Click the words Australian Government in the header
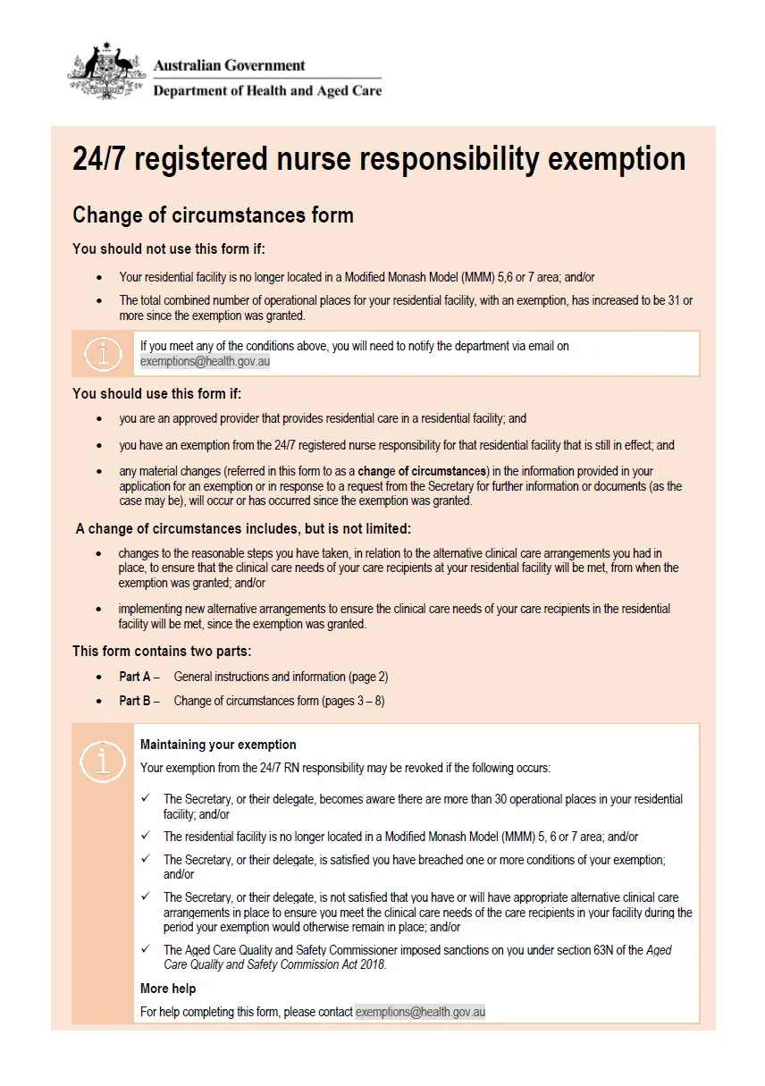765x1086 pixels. coord(229,65)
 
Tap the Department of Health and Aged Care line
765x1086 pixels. coord(267,90)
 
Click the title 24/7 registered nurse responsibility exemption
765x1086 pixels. coord(379,160)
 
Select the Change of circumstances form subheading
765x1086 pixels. coord(213,215)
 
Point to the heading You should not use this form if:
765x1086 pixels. coord(169,248)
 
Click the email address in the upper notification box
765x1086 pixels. coord(205,362)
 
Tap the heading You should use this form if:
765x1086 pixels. coord(157,393)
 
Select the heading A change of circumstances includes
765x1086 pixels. coord(243,528)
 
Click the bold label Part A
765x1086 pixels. coord(134,677)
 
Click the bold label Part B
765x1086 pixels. coord(134,701)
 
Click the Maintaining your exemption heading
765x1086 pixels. coord(218,745)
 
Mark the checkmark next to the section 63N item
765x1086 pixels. coord(146,949)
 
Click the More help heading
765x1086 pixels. coord(168,989)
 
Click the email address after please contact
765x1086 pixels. coord(420,1012)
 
